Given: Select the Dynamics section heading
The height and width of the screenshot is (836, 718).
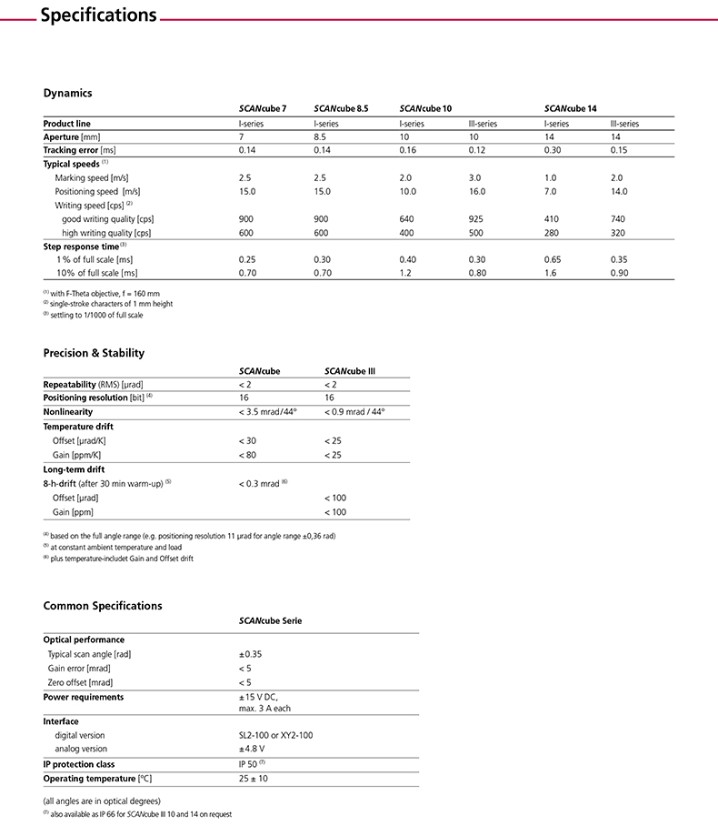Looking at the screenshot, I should [68, 93].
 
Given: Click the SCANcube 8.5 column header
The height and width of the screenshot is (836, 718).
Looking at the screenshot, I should [341, 109].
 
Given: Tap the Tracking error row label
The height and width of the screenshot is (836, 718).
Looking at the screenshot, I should [80, 149].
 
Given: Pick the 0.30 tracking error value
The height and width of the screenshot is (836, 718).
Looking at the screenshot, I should [553, 149].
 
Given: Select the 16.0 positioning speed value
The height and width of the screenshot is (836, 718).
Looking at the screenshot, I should [477, 192].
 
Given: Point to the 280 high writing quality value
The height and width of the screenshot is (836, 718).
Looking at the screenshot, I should [552, 233].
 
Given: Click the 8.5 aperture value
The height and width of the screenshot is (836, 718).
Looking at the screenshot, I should [320, 136].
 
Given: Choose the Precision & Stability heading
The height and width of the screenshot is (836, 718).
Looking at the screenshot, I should [94, 353].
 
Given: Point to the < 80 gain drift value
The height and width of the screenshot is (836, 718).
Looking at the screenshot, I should [247, 453].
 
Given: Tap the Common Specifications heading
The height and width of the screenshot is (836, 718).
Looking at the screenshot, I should [103, 605].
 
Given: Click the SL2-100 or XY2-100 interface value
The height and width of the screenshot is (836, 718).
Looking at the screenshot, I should [275, 735].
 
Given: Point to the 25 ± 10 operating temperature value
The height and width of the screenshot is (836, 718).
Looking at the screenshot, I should [254, 779].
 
